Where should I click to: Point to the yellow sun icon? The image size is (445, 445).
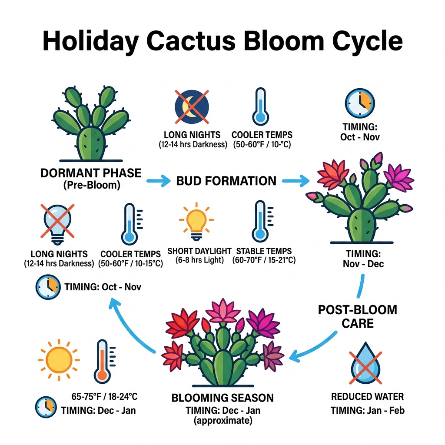[59, 360]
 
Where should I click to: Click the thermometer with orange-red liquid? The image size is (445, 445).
[103, 362]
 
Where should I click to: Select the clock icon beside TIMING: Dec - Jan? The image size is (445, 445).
[46, 408]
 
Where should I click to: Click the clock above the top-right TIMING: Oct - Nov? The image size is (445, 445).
[360, 103]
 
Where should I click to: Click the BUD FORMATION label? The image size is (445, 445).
[226, 181]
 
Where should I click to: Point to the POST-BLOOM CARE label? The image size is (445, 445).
[357, 316]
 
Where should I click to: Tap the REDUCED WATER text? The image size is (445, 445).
[367, 396]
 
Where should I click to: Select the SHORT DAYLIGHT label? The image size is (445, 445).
[199, 251]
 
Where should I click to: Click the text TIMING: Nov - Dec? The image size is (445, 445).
[365, 258]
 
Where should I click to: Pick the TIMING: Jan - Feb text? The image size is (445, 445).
[367, 410]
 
